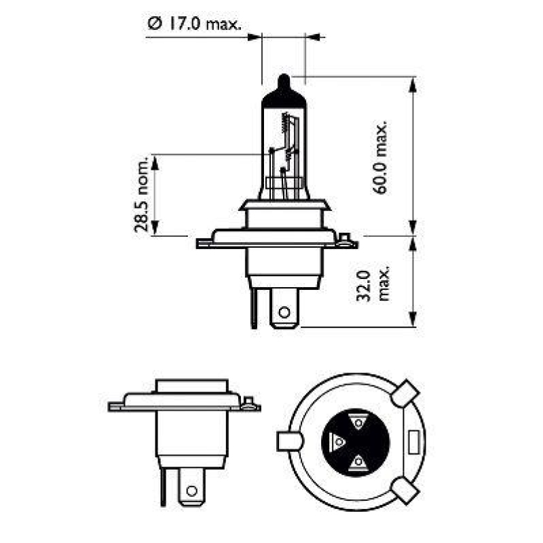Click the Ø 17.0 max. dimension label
tap(194, 24)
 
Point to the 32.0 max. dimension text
tap(373, 283)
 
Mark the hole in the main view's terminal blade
tap(284, 313)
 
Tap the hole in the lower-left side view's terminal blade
tap(191, 490)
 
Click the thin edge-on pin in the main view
tap(254, 309)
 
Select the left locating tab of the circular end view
tap(288, 441)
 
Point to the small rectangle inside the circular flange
tap(413, 441)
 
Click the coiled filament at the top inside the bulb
tap(282, 123)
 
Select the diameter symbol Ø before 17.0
tap(153, 24)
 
